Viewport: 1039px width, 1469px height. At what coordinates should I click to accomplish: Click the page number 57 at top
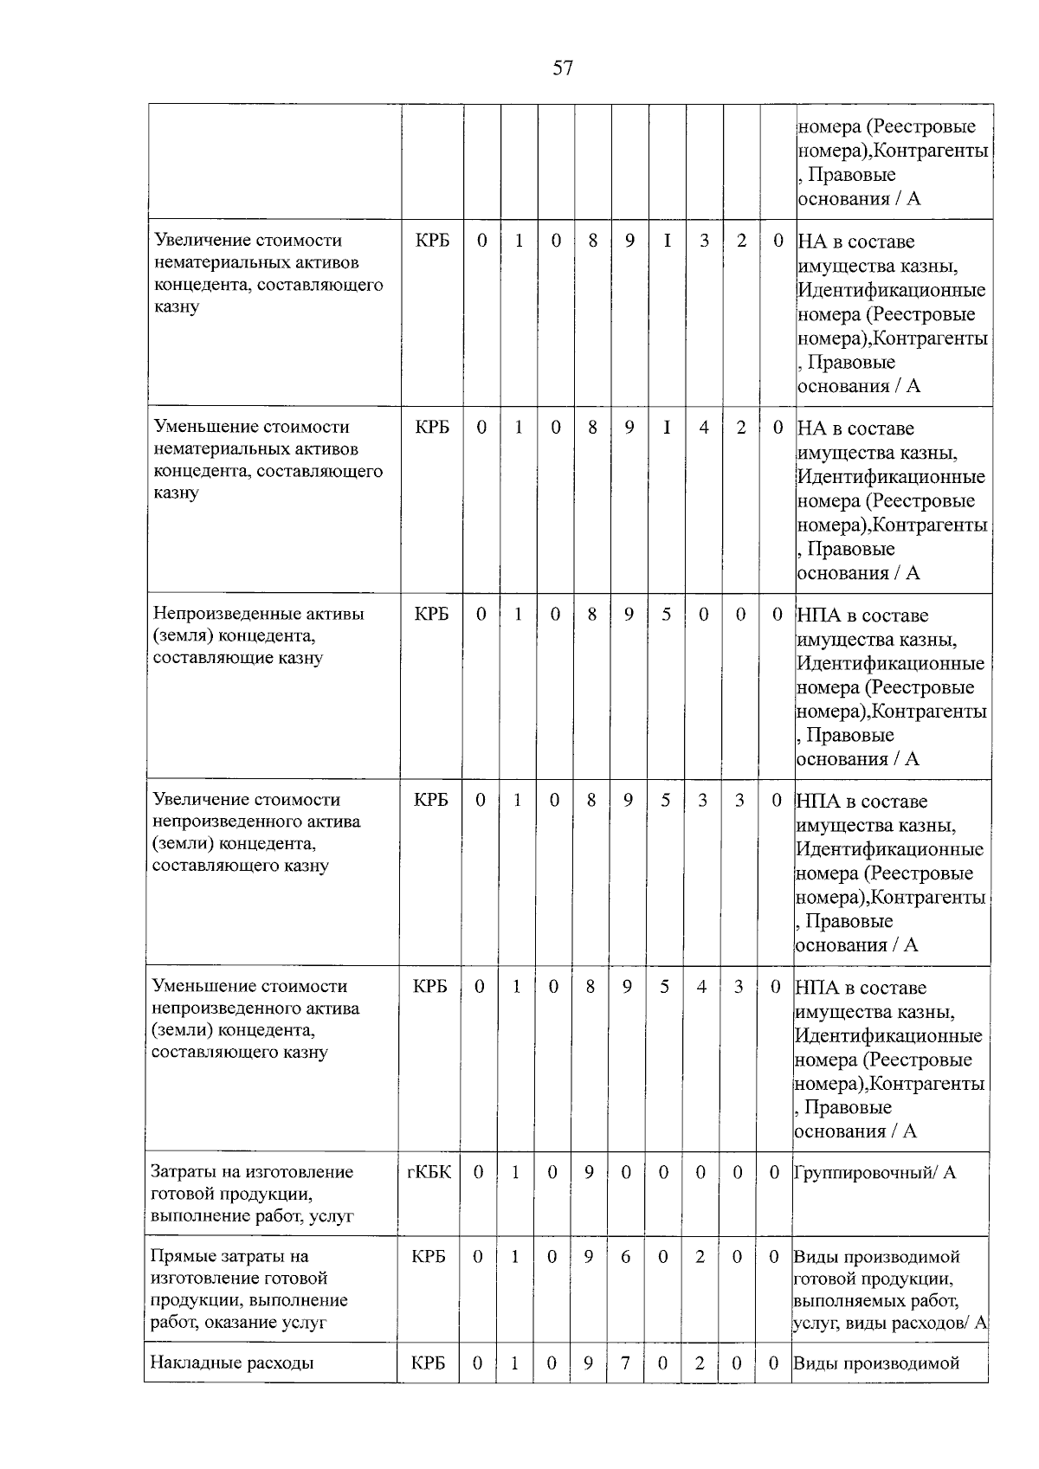(562, 68)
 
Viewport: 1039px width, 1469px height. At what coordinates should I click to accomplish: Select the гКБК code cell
(429, 1173)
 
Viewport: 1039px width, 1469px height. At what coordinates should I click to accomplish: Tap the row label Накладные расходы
(231, 1363)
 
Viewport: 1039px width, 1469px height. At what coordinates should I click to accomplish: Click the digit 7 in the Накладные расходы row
(625, 1363)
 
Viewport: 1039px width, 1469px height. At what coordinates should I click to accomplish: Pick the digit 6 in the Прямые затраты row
(625, 1256)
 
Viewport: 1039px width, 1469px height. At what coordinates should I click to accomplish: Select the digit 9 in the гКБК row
(589, 1173)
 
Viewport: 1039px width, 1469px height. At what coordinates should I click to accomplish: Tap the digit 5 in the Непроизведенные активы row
(666, 614)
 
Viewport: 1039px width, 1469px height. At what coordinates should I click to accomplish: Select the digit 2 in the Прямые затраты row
(700, 1256)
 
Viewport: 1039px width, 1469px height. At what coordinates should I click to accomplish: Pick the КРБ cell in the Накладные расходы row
(429, 1363)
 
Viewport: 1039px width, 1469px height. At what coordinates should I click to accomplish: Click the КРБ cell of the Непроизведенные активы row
(431, 614)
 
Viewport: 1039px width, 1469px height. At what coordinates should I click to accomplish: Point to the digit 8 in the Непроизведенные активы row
(592, 614)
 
